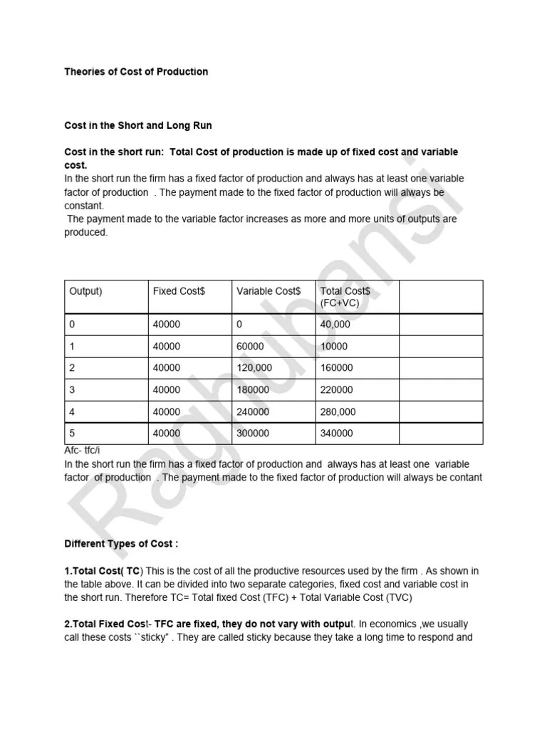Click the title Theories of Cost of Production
[137, 71]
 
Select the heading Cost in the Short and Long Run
[138, 125]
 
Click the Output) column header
[86, 291]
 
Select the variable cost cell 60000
[250, 346]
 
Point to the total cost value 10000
[335, 346]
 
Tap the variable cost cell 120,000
[254, 368]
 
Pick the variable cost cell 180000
[253, 390]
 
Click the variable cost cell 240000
[253, 411]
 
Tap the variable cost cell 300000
[253, 434]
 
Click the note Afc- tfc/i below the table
[83, 451]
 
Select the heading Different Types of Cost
[121, 544]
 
